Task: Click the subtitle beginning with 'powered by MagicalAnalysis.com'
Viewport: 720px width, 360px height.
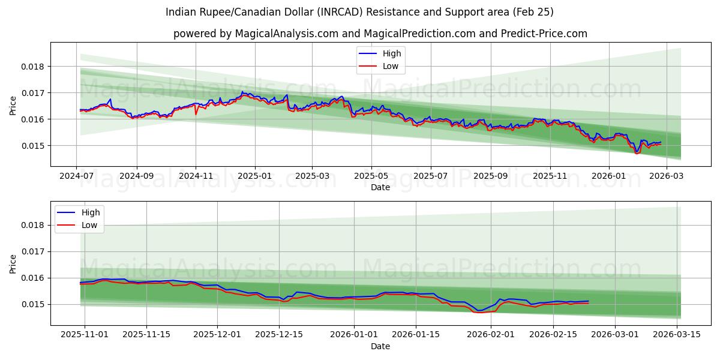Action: [380, 34]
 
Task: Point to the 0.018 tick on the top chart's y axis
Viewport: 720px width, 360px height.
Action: [34, 67]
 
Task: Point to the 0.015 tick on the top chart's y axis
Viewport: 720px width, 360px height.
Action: [34, 146]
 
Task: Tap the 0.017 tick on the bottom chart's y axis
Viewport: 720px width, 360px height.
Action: [34, 252]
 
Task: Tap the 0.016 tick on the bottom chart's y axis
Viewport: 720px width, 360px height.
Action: [34, 278]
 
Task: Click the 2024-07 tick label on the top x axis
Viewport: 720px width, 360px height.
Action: [77, 176]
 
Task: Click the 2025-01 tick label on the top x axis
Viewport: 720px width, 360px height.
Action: [255, 176]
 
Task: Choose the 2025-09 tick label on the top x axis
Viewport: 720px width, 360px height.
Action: [491, 176]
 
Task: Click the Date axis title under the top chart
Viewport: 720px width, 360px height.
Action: [380, 187]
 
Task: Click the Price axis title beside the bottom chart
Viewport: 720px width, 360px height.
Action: [13, 263]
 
